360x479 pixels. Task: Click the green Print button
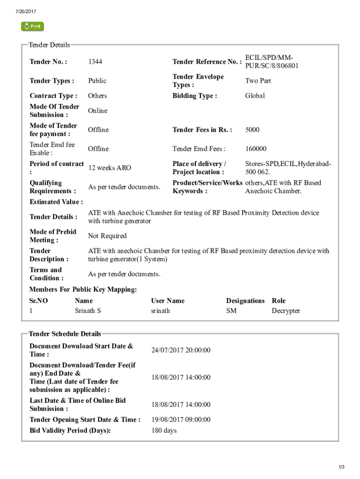[32, 27]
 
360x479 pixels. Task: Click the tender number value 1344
[95, 62]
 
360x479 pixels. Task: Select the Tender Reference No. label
[207, 62]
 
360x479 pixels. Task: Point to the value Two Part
[258, 81]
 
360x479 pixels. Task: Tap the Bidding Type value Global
[255, 96]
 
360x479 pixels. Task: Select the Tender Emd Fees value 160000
[256, 149]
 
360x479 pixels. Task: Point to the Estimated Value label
[56, 202]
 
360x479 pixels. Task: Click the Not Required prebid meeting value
[107, 236]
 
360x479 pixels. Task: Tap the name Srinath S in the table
[88, 311]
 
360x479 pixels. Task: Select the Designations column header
[245, 301]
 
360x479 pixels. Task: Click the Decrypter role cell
[286, 311]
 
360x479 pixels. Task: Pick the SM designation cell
[231, 311]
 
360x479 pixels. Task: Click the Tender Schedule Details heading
[65, 334]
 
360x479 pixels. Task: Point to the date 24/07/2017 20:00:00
[180, 350]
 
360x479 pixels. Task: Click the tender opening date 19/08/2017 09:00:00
[180, 420]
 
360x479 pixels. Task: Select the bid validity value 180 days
[164, 430]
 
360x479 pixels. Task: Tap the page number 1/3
[342, 467]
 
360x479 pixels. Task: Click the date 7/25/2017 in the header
[26, 11]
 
